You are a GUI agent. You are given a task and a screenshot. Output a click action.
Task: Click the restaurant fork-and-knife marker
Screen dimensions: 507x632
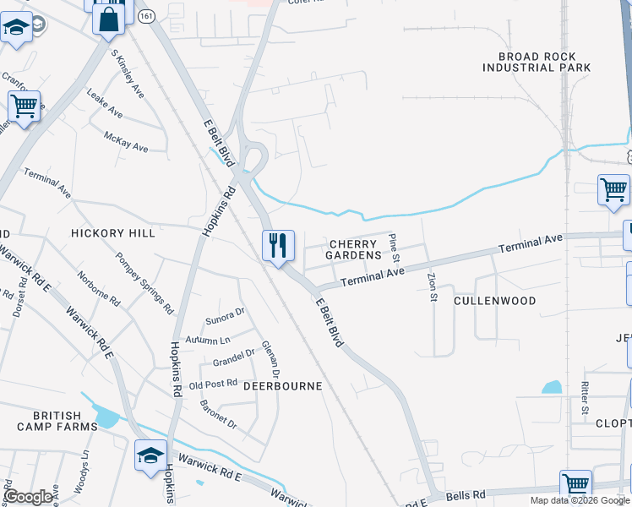click(278, 246)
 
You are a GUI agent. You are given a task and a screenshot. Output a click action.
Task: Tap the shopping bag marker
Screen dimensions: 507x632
click(108, 18)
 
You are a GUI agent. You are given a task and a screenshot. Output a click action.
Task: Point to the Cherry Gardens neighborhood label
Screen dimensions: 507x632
click(354, 248)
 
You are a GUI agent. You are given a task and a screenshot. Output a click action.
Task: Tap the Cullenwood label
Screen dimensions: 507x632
click(494, 300)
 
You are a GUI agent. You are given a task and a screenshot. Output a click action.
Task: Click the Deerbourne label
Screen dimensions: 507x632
click(283, 385)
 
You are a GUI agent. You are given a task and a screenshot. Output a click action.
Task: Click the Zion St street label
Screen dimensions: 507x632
click(432, 286)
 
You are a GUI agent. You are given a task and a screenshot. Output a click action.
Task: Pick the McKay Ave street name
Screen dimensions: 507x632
click(126, 141)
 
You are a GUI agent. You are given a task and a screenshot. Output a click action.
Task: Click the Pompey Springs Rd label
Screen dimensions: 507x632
click(144, 281)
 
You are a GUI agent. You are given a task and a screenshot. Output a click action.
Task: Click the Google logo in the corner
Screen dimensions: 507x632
click(27, 497)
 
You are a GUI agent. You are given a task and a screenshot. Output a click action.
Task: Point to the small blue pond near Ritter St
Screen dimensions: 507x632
click(551, 388)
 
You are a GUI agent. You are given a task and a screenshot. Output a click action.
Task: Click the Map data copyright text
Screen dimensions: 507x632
click(580, 501)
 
